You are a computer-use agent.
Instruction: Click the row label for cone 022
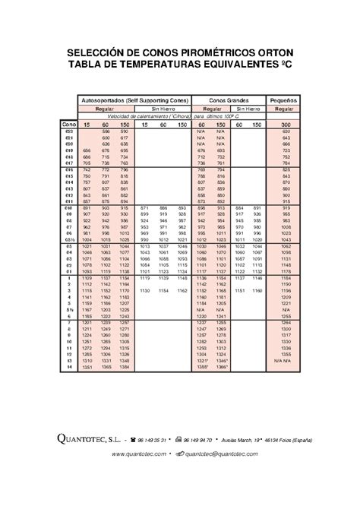pyautogui.click(x=69, y=131)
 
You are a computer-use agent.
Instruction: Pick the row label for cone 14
pyautogui.click(x=69, y=367)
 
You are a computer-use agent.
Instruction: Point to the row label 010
pyautogui.click(x=69, y=207)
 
